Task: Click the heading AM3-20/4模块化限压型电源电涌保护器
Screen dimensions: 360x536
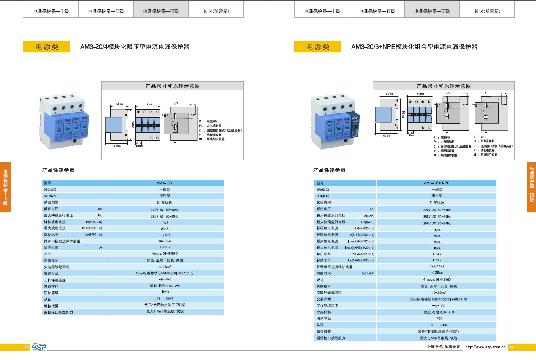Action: coord(135,47)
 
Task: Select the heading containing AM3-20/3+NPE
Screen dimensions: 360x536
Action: coord(414,47)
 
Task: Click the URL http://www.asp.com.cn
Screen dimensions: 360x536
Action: coord(485,348)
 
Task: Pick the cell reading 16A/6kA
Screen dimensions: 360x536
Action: coord(164,241)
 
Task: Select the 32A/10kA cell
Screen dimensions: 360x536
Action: coord(436,266)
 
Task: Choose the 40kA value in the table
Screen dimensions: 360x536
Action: coord(436,248)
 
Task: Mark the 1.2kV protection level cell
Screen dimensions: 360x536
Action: coord(436,260)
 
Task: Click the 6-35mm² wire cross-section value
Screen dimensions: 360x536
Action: coord(164,267)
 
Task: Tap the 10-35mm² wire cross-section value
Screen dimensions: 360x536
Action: coord(436,293)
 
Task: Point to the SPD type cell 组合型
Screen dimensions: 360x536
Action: coord(436,195)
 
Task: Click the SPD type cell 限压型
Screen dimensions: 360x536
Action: coord(164,195)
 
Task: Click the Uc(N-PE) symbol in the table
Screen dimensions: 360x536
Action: coord(367,222)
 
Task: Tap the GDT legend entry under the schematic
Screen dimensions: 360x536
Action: coord(482,136)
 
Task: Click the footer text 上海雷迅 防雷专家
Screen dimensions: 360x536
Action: coord(443,348)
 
